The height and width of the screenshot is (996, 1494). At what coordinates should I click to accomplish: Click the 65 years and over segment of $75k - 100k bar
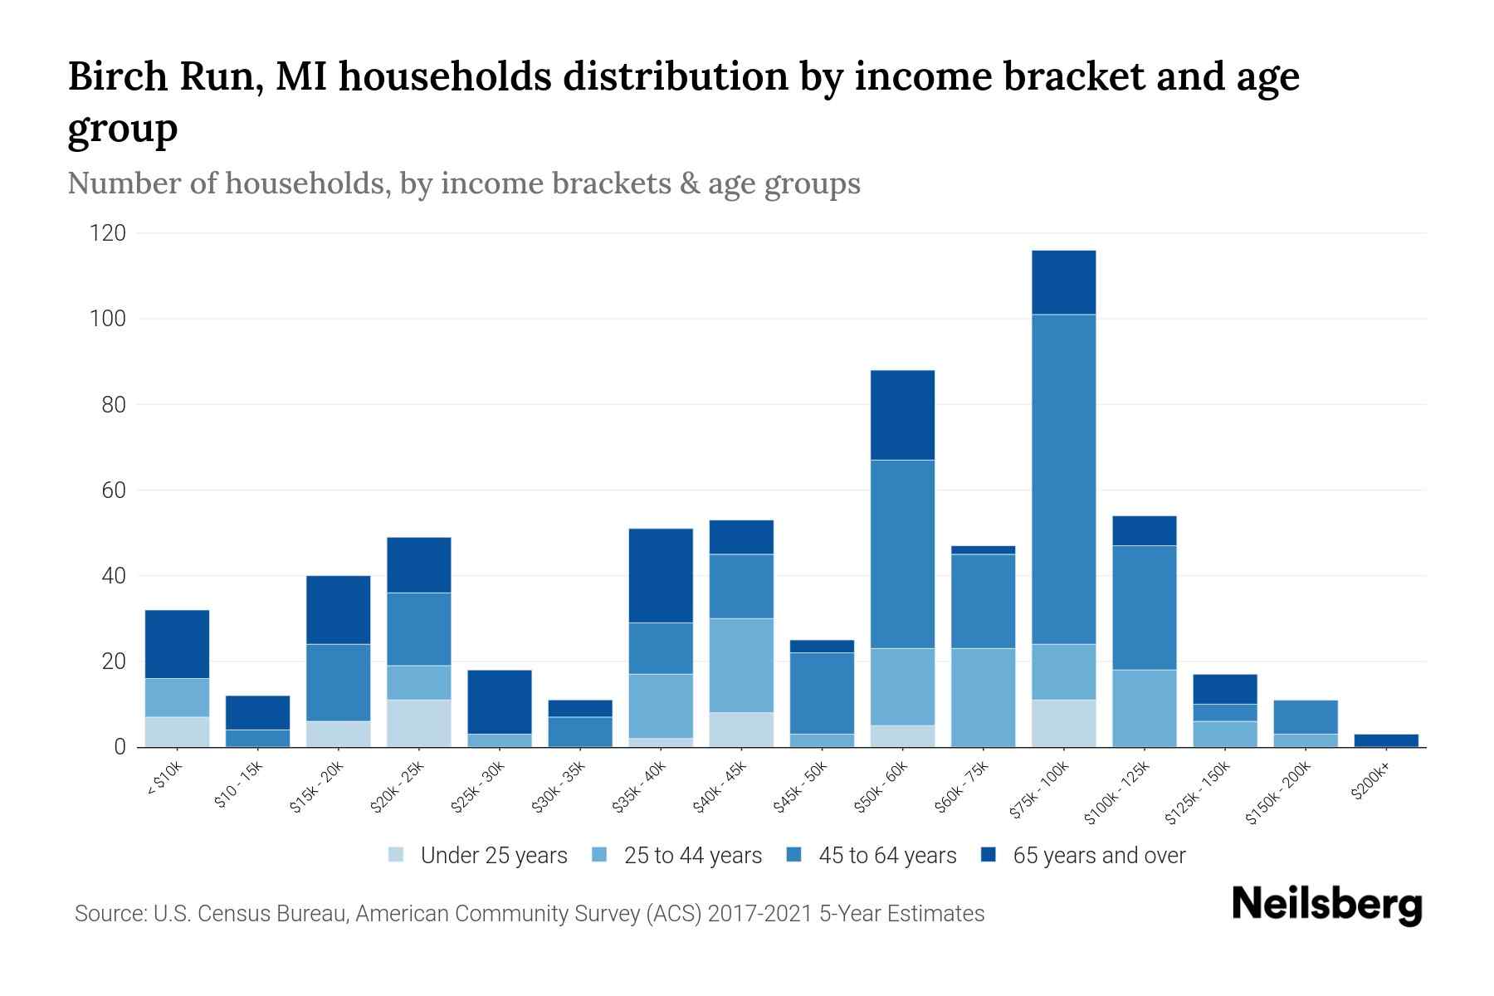(1063, 282)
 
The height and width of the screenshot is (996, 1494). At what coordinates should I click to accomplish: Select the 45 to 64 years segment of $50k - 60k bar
(902, 554)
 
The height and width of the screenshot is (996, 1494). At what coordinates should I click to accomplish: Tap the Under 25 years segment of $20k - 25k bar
(418, 723)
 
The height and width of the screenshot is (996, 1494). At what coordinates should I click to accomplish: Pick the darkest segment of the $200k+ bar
(1386, 740)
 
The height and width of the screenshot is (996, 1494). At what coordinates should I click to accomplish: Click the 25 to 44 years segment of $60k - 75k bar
(983, 697)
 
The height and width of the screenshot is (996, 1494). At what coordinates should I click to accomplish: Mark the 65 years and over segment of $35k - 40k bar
(661, 575)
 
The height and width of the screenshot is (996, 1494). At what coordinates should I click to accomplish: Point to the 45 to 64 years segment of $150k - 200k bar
(1306, 717)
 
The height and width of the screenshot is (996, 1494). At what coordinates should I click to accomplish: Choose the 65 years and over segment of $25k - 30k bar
(499, 701)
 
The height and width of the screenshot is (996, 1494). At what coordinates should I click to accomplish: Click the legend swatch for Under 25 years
(396, 855)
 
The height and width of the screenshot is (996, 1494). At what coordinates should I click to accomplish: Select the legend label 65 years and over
(1099, 855)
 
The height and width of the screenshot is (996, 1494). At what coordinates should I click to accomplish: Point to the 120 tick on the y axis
(108, 233)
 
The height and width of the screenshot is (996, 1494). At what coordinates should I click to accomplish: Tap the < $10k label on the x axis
(164, 780)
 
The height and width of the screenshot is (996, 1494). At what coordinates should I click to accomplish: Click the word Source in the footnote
(109, 914)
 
